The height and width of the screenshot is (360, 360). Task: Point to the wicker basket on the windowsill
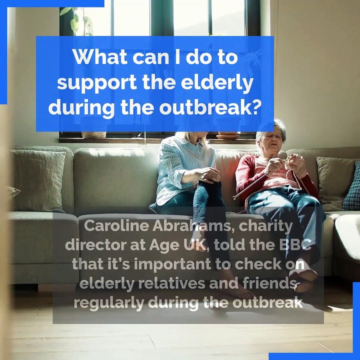(x=94, y=134)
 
